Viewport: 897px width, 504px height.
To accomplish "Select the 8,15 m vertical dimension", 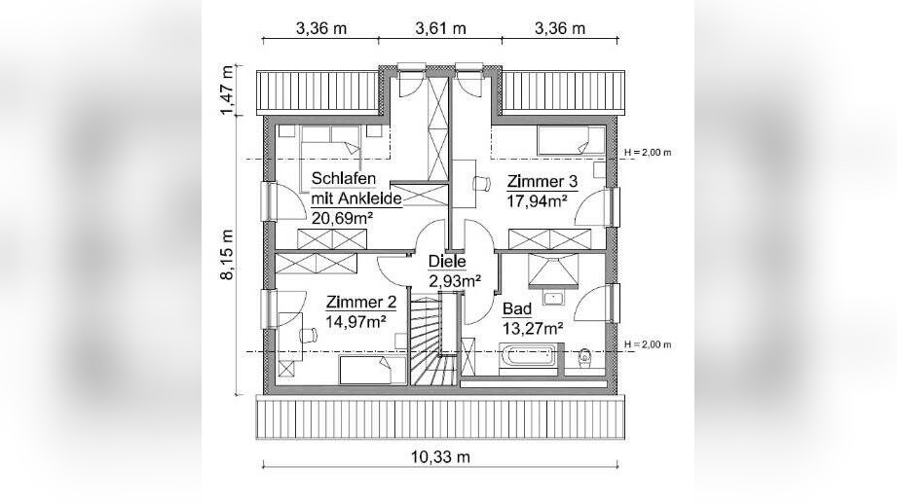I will [x=228, y=255].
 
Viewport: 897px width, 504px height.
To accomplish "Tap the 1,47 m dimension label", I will [x=228, y=91].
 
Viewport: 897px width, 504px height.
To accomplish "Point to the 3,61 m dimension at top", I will [x=439, y=27].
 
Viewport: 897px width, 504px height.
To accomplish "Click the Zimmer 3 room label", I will [x=542, y=181].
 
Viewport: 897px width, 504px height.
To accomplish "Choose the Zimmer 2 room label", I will [x=360, y=302].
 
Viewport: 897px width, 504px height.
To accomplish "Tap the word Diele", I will [x=448, y=261].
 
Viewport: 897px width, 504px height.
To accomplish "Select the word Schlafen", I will [x=344, y=179].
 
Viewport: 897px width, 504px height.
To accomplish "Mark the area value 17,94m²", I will [x=538, y=201].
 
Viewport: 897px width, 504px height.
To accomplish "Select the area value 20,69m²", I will [x=342, y=218].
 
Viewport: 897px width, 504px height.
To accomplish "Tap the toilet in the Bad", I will [x=586, y=357].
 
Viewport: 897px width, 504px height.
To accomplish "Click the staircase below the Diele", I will [x=430, y=345].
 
